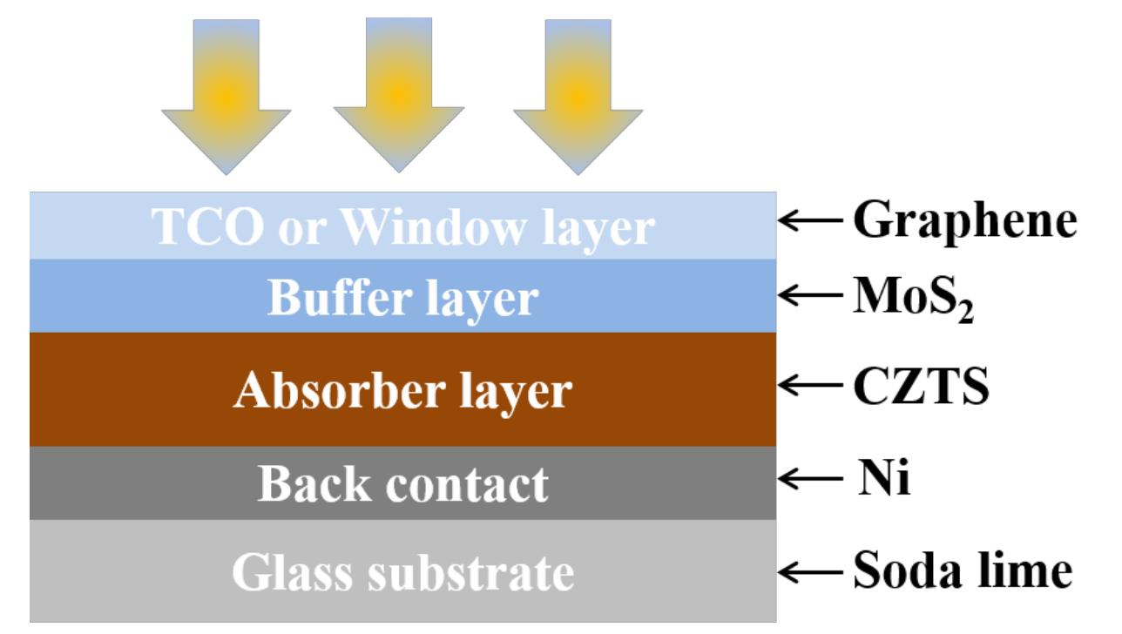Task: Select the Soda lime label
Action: tap(961, 571)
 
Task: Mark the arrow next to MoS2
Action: tap(809, 298)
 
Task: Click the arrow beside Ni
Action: tap(809, 479)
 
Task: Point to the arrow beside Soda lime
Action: tap(809, 572)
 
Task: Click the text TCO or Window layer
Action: tap(402, 226)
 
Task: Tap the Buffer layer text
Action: tap(402, 299)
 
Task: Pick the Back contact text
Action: tap(402, 484)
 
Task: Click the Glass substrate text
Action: tap(402, 573)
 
